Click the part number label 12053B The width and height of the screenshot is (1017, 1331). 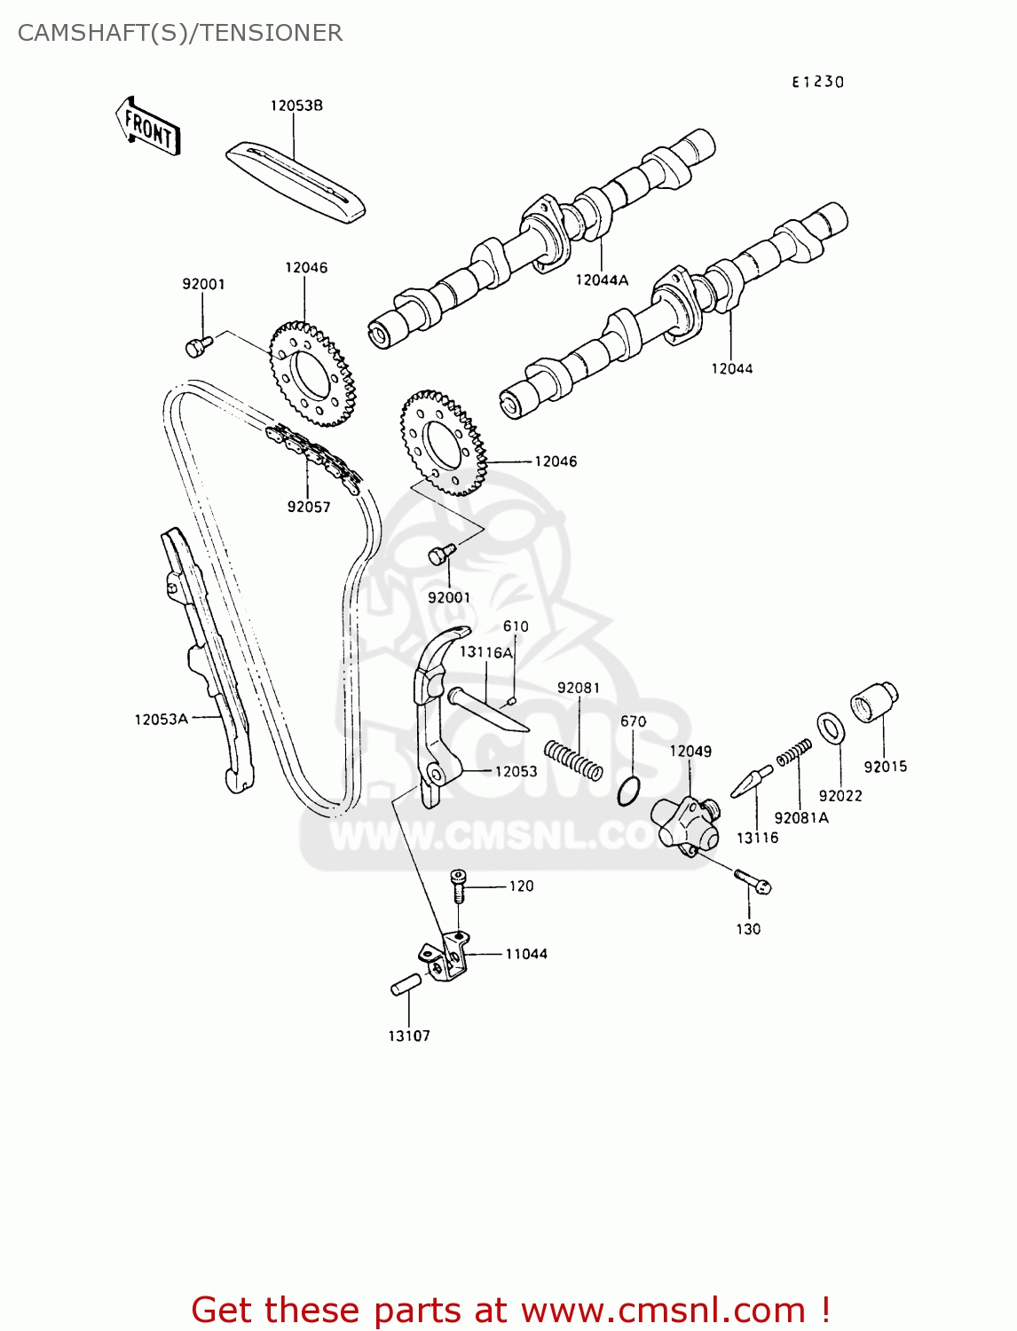296,106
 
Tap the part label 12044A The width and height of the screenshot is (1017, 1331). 602,280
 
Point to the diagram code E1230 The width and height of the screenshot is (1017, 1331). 817,82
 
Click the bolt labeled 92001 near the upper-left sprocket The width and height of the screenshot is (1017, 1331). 197,345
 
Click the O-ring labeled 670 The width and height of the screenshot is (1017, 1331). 628,791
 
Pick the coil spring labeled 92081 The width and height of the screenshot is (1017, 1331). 573,760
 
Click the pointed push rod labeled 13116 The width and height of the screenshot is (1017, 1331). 751,782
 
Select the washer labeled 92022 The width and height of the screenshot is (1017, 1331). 831,728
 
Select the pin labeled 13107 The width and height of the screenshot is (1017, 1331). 406,985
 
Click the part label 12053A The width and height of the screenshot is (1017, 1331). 161,720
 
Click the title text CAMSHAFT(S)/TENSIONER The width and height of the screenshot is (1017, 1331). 180,33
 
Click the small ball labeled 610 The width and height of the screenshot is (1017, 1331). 512,701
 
